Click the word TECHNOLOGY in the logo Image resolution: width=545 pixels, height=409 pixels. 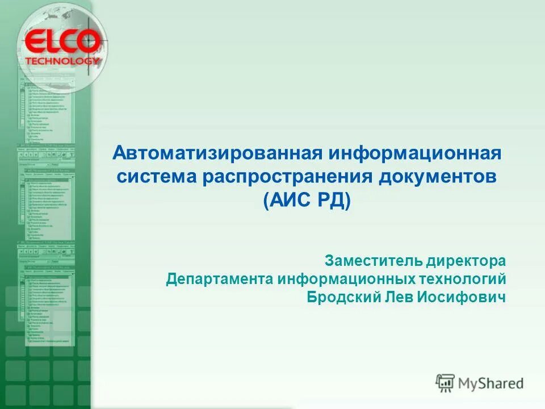pyautogui.click(x=62, y=60)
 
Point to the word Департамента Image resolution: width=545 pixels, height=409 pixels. pyautogui.click(x=219, y=279)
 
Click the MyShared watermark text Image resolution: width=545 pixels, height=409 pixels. pyautogui.click(x=491, y=383)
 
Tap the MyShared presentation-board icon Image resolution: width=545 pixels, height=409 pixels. pyautogui.click(x=446, y=383)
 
